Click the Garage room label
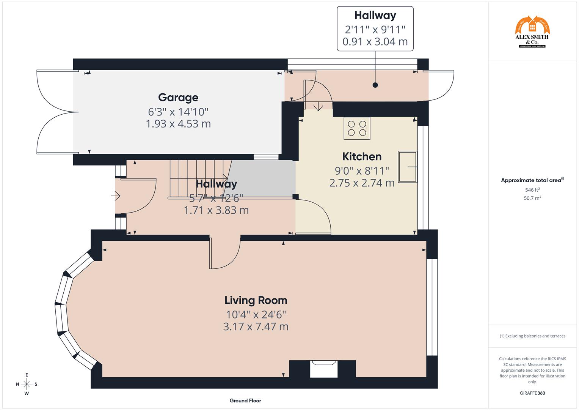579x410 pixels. tap(178, 98)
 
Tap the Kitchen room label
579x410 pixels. tap(362, 156)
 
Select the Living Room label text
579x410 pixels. tap(256, 300)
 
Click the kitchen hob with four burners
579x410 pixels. tap(357, 128)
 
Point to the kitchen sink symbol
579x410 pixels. tap(407, 167)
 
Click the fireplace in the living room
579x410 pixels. tap(323, 369)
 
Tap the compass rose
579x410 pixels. tap(27, 384)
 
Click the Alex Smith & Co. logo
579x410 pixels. tap(532, 32)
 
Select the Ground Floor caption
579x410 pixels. tap(245, 401)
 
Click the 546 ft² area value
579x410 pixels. tap(532, 190)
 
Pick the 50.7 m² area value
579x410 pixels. tap(532, 198)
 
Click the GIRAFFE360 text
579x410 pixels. tap(532, 393)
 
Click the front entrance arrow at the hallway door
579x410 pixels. tap(116, 196)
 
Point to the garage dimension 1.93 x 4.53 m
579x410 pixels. tap(178, 124)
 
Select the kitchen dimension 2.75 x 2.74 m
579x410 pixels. tap(362, 183)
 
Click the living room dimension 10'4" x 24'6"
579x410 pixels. tap(256, 315)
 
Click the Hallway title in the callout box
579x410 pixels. tap(375, 15)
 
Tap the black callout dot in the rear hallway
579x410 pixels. tap(375, 85)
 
